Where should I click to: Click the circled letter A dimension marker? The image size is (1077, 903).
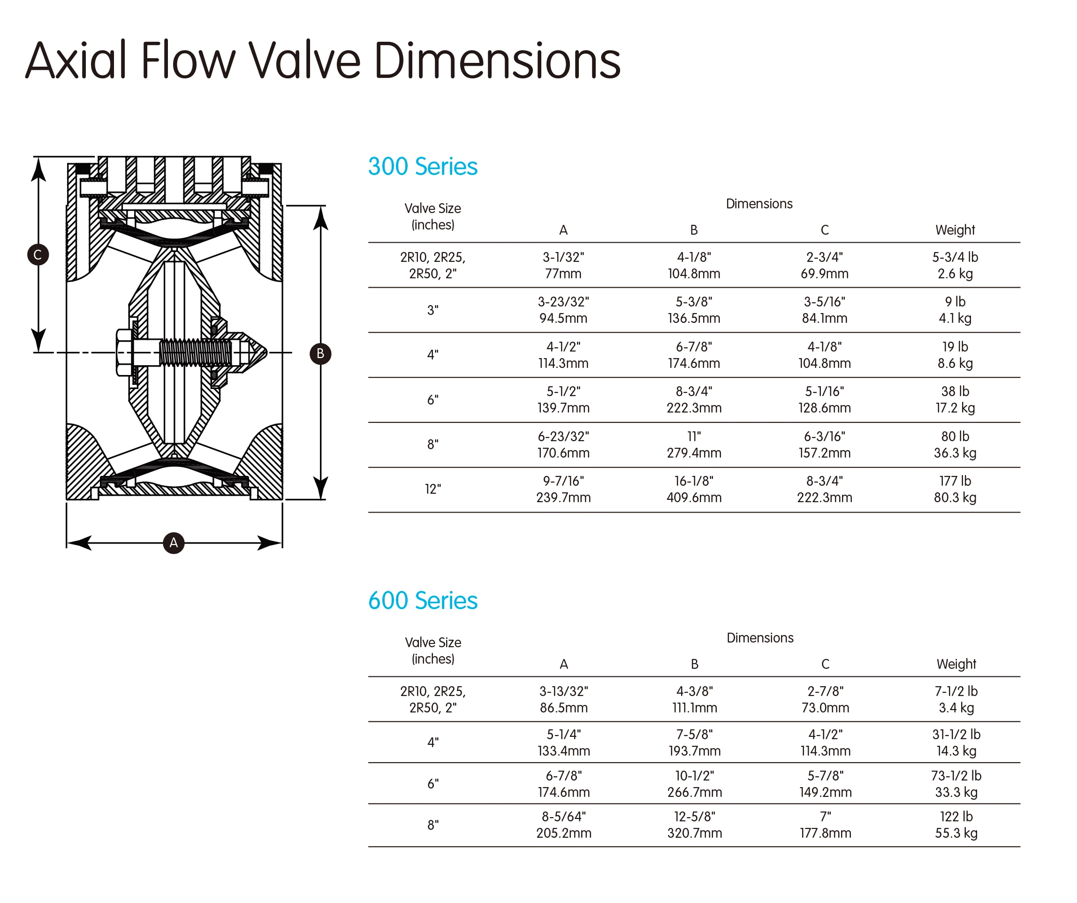pyautogui.click(x=174, y=543)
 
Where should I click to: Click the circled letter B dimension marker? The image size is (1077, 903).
pyautogui.click(x=320, y=353)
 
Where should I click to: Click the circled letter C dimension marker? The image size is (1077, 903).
pyautogui.click(x=38, y=254)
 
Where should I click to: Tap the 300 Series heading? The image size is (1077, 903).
pyautogui.click(x=423, y=167)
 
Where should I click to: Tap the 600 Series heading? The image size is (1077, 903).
pyautogui.click(x=423, y=601)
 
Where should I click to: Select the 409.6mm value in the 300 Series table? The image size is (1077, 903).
pyautogui.click(x=694, y=497)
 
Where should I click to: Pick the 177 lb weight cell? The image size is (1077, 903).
pyautogui.click(x=955, y=481)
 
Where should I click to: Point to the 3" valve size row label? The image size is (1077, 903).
pyautogui.click(x=433, y=310)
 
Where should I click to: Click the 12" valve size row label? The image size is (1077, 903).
pyautogui.click(x=433, y=490)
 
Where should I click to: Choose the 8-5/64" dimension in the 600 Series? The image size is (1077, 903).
pyautogui.click(x=564, y=816)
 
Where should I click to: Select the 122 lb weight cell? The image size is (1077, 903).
pyautogui.click(x=956, y=816)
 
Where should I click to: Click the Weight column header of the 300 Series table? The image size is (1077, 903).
pyautogui.click(x=955, y=230)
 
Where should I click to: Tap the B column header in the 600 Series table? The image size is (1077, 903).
pyautogui.click(x=694, y=665)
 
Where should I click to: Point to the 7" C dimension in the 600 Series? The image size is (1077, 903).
pyautogui.click(x=825, y=816)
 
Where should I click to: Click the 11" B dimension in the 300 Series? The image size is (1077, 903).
pyautogui.click(x=694, y=436)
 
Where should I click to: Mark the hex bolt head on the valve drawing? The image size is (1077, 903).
pyautogui.click(x=124, y=353)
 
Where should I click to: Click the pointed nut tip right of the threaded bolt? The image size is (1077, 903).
pyautogui.click(x=257, y=352)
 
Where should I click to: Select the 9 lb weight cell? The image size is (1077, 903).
pyautogui.click(x=955, y=302)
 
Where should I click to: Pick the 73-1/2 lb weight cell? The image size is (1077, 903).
pyautogui.click(x=956, y=775)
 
